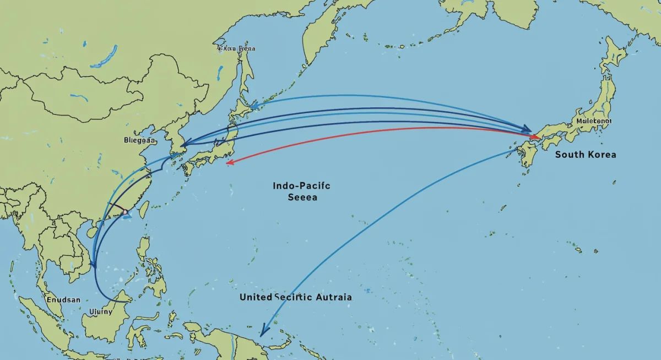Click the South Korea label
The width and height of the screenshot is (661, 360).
click(x=586, y=155)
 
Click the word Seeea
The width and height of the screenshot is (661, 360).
click(x=302, y=198)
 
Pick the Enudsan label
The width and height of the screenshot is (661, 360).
click(x=63, y=300)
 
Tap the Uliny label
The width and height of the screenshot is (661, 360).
click(x=100, y=311)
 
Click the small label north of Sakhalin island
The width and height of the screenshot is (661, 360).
click(x=237, y=48)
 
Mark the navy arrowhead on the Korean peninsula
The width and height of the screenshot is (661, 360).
click(x=185, y=144)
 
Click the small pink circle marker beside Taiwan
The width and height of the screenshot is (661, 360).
click(x=125, y=211)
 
